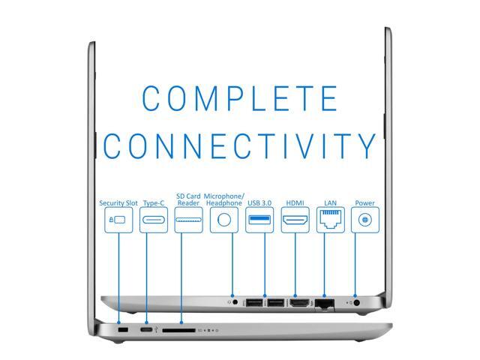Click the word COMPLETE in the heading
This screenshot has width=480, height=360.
[x=240, y=98]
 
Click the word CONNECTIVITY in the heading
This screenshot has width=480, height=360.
[x=240, y=145]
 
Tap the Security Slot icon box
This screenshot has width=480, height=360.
[x=118, y=220]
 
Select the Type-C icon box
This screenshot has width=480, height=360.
[x=154, y=220]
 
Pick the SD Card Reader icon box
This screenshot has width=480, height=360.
[x=188, y=220]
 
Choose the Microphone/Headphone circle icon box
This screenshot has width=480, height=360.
[x=224, y=220]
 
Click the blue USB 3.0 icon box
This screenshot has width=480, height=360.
[x=259, y=220]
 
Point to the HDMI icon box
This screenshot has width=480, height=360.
[x=295, y=220]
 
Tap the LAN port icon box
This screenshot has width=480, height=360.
[x=330, y=220]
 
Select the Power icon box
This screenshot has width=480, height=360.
[x=365, y=220]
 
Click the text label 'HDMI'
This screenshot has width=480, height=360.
[x=295, y=203]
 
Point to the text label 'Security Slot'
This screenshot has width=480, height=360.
[x=118, y=203]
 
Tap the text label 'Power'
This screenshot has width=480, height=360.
[x=365, y=203]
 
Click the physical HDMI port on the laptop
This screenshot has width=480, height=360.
[x=299, y=303]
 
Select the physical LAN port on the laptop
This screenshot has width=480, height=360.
[x=325, y=304]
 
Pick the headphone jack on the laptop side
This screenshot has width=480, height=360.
[x=235, y=302]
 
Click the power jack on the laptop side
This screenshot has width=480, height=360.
[x=356, y=303]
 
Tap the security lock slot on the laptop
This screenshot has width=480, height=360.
[x=123, y=330]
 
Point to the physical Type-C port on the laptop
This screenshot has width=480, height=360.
[x=146, y=330]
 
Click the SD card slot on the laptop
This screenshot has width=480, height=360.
[x=178, y=330]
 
